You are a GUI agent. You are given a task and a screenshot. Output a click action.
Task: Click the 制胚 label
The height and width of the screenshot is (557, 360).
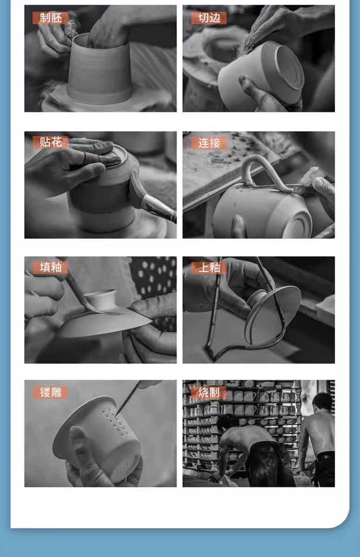[x=51, y=18]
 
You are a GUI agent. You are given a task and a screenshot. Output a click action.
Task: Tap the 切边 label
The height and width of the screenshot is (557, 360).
[x=209, y=18]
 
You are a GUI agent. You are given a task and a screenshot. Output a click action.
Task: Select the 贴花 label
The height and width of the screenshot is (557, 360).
[x=51, y=142]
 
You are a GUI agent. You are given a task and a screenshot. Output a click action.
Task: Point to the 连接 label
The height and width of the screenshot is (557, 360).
[x=209, y=143]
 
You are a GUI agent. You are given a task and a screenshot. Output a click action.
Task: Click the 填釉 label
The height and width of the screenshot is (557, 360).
[x=51, y=267]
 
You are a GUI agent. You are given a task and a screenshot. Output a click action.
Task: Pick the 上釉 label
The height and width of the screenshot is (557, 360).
[x=209, y=268]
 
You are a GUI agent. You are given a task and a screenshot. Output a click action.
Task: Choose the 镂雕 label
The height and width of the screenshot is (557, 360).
[x=51, y=393]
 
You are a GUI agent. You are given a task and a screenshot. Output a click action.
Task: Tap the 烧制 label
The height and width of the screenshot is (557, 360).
[x=209, y=393]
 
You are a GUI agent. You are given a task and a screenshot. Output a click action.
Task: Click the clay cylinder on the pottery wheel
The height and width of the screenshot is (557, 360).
[x=99, y=70]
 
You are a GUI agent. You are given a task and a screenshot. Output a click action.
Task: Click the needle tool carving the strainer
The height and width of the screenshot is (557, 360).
[x=128, y=398]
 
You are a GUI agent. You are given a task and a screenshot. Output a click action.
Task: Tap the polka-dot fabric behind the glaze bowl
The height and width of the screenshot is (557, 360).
[x=154, y=276]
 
